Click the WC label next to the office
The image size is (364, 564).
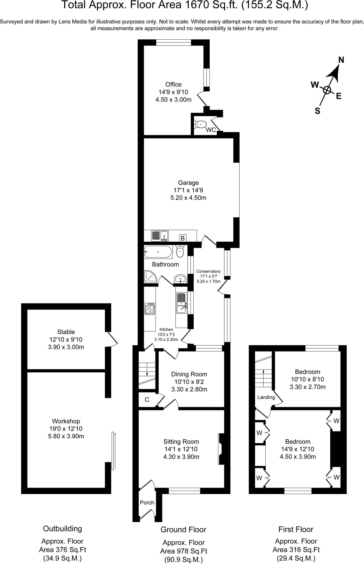coord(211,130)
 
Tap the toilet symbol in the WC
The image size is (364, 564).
coord(200,124)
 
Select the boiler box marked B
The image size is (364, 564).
coord(182,238)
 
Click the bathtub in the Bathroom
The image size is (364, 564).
coord(158,251)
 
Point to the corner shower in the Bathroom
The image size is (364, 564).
coord(150,277)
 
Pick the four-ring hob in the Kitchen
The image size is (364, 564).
coord(150,309)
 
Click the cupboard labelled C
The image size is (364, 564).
coord(147,400)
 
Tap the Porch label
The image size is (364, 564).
coord(147,503)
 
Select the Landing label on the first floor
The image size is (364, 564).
coord(266,397)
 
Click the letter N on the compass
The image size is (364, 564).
coord(341,60)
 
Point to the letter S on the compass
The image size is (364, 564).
coord(317,111)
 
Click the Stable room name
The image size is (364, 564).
coord(66,332)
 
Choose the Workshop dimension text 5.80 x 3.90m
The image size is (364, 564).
coord(66,436)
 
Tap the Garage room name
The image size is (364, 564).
coord(188,183)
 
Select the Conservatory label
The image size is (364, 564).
coord(208,271)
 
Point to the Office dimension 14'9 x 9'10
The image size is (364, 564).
coord(173,92)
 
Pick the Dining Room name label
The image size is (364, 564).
coord(189,374)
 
